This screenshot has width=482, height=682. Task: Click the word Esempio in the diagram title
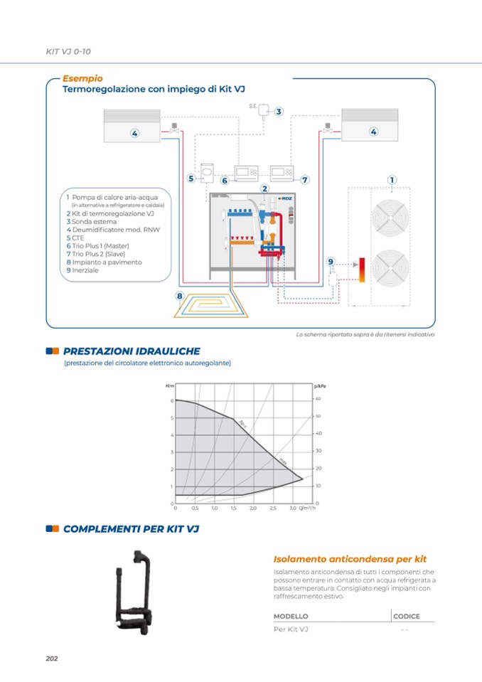point(82,79)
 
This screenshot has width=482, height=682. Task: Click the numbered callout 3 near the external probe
point(279,112)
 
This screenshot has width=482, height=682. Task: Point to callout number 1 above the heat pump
point(392,180)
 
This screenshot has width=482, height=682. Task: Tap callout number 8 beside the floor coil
point(180,295)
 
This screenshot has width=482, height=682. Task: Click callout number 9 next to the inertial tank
point(330,262)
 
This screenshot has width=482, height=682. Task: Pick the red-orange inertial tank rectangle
point(361,271)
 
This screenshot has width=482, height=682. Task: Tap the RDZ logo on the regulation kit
point(284,198)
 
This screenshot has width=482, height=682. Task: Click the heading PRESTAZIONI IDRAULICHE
point(131,351)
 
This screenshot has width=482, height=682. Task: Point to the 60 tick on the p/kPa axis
point(318,399)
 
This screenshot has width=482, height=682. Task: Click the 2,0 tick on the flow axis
point(253,509)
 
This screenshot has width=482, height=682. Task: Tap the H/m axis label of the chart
point(169,385)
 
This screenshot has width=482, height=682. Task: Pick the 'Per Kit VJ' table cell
point(291,629)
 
